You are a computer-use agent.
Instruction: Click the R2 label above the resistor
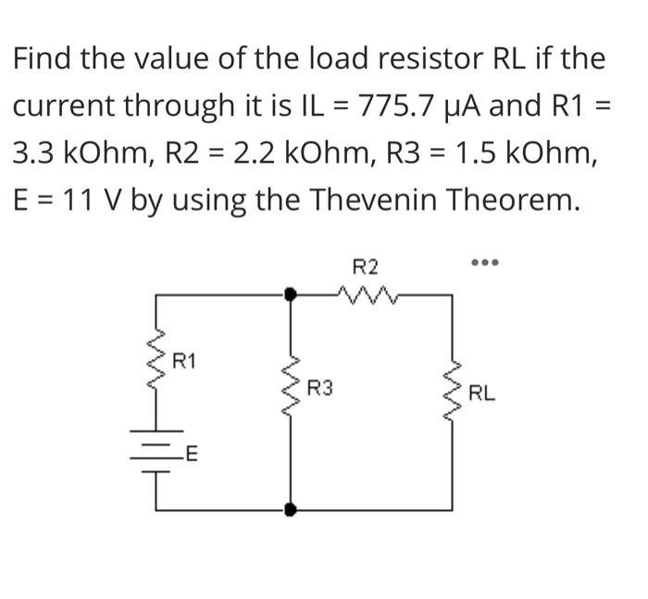click(367, 268)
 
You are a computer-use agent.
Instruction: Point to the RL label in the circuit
click(481, 393)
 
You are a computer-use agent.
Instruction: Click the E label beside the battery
click(193, 454)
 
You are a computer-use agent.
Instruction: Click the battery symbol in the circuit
click(156, 447)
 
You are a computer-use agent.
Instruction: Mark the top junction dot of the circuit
click(291, 294)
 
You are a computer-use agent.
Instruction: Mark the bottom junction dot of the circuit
click(291, 508)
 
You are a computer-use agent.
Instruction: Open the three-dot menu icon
click(484, 264)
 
